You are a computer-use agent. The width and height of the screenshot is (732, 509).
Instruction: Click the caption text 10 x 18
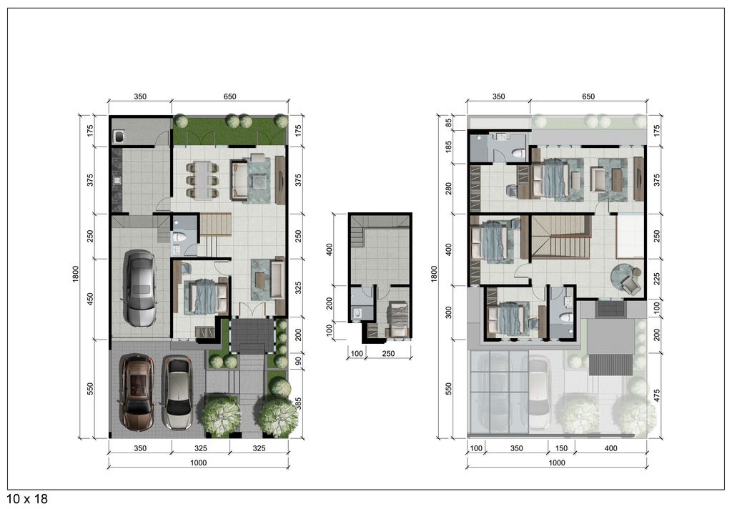[x=28, y=499]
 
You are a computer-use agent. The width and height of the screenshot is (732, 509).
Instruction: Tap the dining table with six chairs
[x=202, y=179]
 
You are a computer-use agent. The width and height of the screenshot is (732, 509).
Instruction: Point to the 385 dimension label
[x=298, y=403]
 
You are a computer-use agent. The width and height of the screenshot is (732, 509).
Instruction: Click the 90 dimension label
[x=298, y=361]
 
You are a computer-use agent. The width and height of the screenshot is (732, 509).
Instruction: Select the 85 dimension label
[x=449, y=123]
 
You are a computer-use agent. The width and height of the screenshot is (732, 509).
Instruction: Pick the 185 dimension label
[x=449, y=147]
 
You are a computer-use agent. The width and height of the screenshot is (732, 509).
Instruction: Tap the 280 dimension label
[x=449, y=189]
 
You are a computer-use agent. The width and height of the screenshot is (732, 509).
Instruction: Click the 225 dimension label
[x=657, y=278]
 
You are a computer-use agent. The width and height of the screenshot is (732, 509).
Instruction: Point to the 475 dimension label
[x=657, y=395]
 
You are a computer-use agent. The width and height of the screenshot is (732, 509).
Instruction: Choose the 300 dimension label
[x=449, y=312]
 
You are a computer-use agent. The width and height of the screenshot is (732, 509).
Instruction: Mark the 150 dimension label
[x=561, y=448]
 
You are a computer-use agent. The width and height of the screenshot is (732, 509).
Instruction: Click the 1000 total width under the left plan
[x=199, y=463]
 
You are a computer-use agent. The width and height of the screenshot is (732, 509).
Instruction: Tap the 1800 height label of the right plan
[x=434, y=274]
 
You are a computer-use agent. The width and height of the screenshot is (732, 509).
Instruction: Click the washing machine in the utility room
[x=119, y=136]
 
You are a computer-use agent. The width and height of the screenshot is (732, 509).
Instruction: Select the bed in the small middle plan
[x=397, y=319]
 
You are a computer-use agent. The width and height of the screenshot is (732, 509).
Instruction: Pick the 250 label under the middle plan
[x=388, y=353]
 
